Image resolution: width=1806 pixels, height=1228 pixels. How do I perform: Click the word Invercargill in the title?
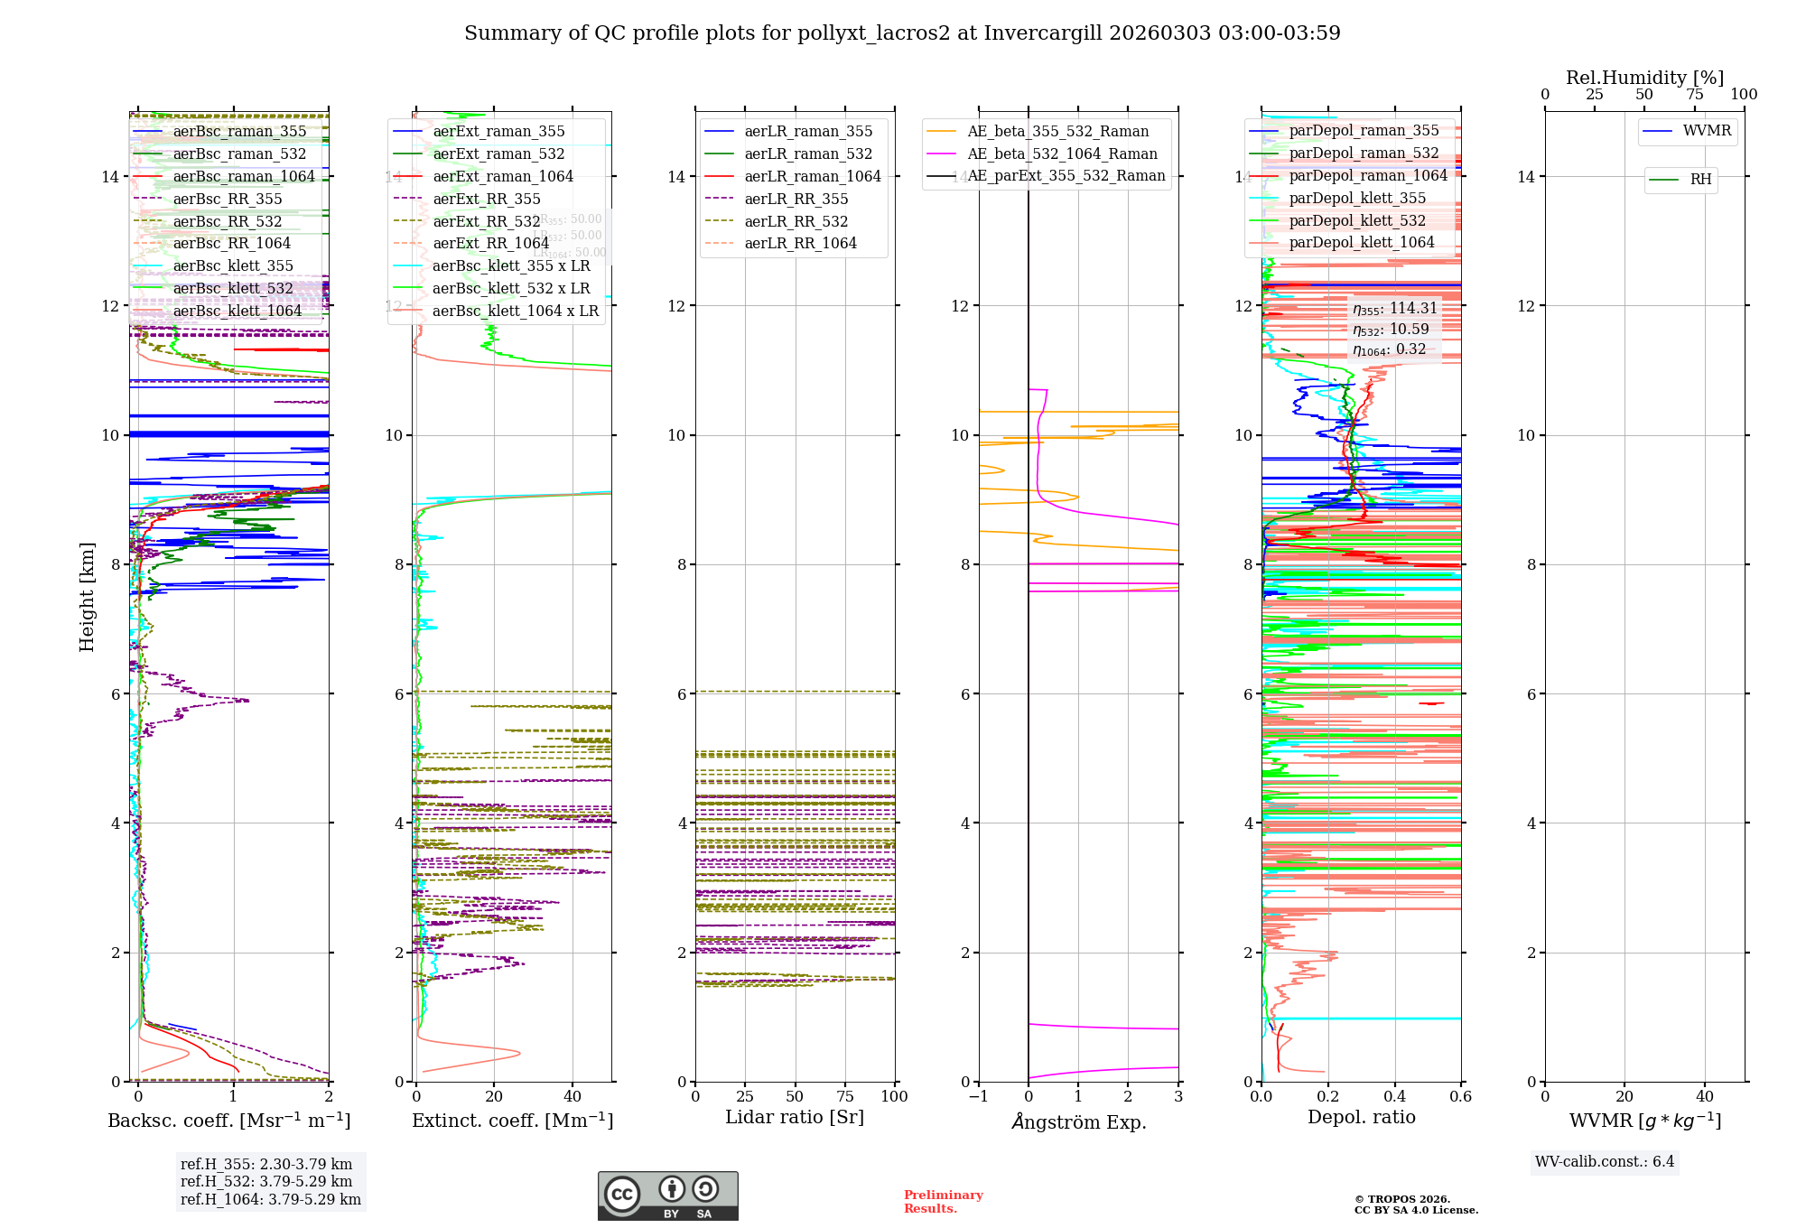[1042, 33]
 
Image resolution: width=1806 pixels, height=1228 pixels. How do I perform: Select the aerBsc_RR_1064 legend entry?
[231, 244]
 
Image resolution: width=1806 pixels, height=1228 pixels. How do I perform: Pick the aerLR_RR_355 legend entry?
[796, 200]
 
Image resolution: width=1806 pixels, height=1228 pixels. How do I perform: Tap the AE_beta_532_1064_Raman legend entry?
[1062, 154]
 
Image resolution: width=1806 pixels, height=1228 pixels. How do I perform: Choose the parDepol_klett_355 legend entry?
[1357, 199]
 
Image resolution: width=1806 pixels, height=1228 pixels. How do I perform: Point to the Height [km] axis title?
[87, 597]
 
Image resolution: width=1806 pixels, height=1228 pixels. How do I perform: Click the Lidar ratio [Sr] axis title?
[795, 1118]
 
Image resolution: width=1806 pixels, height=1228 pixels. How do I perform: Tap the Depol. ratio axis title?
[1361, 1118]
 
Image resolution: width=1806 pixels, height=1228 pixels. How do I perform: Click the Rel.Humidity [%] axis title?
[1644, 78]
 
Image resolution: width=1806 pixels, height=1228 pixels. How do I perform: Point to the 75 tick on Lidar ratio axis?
[845, 1097]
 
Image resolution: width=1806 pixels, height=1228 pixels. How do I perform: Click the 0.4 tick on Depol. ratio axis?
[1394, 1097]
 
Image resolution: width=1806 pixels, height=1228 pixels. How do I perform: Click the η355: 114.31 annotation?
[1394, 309]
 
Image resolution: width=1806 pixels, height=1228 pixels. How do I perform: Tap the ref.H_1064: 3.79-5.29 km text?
[270, 1200]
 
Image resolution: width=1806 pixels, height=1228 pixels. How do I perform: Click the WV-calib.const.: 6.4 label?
[1604, 1162]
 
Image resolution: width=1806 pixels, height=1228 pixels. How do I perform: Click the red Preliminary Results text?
[943, 1202]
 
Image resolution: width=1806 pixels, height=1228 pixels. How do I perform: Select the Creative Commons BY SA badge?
[667, 1196]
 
